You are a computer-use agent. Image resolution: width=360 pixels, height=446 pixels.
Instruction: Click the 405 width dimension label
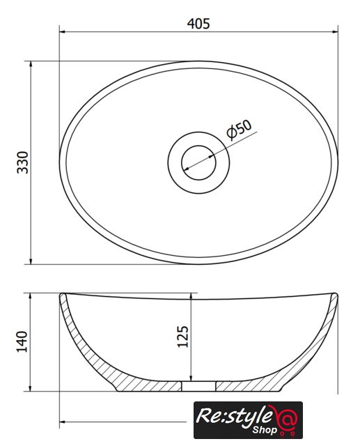pos(198,23)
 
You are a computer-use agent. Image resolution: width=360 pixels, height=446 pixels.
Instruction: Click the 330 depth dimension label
pos(23,162)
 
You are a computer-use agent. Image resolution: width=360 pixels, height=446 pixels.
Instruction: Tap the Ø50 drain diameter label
pos(240,130)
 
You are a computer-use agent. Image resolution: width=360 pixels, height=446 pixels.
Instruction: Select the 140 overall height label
pos(22,341)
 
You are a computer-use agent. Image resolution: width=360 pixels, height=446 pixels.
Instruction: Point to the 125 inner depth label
pos(182,337)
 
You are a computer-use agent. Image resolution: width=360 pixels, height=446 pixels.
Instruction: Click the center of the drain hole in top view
pos(198,162)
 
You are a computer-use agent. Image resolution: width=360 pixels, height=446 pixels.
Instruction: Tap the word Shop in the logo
pos(264,429)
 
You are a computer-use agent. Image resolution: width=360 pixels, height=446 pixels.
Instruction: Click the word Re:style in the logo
pos(233,417)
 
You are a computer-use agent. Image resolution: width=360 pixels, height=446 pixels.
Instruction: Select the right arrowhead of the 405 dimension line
pos(335,31)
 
